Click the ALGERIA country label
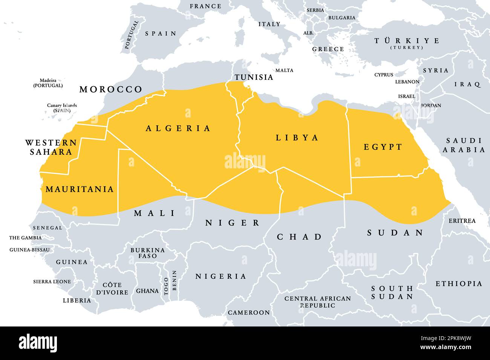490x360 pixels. tap(178, 128)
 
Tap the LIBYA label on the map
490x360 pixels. tap(297, 138)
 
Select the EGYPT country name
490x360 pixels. tap(383, 147)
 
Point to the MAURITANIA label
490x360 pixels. tap(80, 189)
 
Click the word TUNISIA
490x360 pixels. tap(254, 77)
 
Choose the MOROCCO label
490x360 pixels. tap(111, 89)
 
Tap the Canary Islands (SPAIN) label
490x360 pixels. tap(62, 108)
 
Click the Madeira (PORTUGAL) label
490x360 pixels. tap(48, 83)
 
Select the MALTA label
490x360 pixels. tap(284, 70)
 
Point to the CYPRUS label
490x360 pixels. tap(384, 75)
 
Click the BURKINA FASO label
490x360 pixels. tap(147, 253)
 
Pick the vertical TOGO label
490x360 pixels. tap(167, 286)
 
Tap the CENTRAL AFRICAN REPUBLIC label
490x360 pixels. tap(317, 302)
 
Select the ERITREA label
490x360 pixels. tap(462, 221)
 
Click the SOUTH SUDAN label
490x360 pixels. tap(392, 292)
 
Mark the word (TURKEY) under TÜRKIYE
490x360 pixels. tap(406, 48)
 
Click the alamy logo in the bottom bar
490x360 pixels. tap(38, 343)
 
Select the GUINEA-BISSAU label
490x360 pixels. tap(29, 250)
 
